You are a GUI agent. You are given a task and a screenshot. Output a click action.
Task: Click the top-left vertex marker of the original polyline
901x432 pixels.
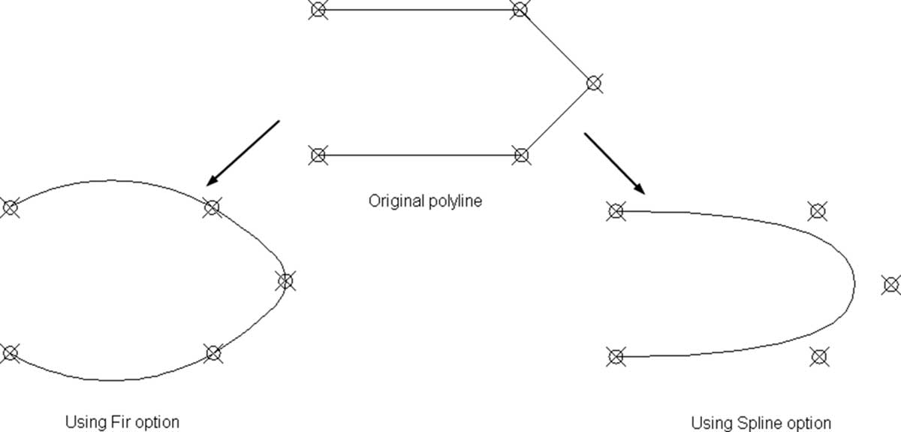point(318,10)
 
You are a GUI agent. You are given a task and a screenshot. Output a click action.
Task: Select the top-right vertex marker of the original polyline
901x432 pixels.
point(520,9)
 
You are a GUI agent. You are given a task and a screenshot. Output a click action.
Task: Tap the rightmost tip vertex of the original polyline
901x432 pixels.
point(594,83)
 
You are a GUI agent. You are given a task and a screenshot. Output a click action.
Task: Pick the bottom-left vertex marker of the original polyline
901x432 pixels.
point(318,155)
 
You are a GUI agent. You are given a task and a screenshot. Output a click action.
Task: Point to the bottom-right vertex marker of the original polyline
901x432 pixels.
point(521,155)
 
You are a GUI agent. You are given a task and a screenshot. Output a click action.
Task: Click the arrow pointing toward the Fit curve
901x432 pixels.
point(243,153)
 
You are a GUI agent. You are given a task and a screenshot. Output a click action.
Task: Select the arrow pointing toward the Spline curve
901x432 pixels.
point(615,164)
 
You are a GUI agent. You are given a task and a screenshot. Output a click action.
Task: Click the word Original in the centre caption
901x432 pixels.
point(396,201)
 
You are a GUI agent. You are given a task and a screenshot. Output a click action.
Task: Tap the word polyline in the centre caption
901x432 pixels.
point(455,201)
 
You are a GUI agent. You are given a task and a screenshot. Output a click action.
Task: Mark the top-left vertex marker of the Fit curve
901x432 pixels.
point(11,208)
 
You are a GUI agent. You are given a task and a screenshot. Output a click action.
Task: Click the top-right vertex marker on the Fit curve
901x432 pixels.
point(212,207)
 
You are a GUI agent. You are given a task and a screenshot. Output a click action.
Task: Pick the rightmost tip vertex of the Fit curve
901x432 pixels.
point(285,281)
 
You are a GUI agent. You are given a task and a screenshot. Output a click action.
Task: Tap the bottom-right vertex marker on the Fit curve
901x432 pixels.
point(213,354)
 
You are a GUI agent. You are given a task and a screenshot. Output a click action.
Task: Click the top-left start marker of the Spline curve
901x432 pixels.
point(616,211)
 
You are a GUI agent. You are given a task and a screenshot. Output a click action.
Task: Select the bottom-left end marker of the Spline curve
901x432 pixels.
point(616,356)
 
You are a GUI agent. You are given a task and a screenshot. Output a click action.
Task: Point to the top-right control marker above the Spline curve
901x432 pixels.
point(818,211)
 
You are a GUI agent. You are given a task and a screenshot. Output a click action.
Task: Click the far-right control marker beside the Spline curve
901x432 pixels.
point(891,285)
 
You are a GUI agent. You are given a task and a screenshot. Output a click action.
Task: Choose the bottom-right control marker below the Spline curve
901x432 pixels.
point(819,357)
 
